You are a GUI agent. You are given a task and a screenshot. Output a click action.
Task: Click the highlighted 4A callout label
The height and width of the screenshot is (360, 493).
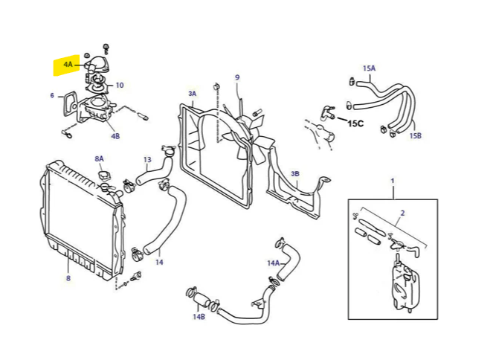pos(68,65)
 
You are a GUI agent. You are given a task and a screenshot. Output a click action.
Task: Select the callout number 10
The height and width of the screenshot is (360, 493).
pos(120,86)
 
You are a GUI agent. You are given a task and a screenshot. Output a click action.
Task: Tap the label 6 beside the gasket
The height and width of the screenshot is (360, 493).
pos(52,96)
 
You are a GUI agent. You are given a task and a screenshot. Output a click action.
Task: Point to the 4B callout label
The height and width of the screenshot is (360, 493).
pos(115,137)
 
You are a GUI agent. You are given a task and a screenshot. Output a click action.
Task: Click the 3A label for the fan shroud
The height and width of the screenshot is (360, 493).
pos(192,94)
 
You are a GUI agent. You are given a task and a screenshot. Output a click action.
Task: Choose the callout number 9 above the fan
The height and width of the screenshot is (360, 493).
pos(237,77)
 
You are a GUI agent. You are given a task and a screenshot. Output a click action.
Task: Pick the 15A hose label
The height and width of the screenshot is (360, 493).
pos(369,68)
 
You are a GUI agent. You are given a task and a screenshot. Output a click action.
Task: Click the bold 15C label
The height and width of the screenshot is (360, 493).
pos(356,123)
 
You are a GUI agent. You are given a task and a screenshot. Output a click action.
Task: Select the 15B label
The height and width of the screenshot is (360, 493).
pos(415,136)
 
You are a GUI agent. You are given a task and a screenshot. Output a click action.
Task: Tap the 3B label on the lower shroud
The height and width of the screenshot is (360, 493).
pos(295,174)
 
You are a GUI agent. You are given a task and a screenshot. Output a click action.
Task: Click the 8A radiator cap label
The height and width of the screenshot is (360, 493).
pos(100,159)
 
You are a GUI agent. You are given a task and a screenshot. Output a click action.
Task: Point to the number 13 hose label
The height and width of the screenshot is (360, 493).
pos(147,160)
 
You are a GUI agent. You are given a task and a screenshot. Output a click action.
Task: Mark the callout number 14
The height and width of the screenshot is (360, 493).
pos(159,262)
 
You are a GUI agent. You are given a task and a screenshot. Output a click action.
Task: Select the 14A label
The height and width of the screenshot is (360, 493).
pos(273,263)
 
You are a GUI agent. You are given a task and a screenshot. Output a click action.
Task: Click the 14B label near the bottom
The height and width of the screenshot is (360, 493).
pos(199,317)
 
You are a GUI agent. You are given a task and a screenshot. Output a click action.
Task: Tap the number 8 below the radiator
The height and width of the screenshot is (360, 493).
pos(68,280)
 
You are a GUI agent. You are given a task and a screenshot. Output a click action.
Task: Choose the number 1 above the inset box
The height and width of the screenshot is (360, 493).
pos(393,181)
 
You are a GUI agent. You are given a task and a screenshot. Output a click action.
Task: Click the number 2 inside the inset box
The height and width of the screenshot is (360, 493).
pos(402,213)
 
